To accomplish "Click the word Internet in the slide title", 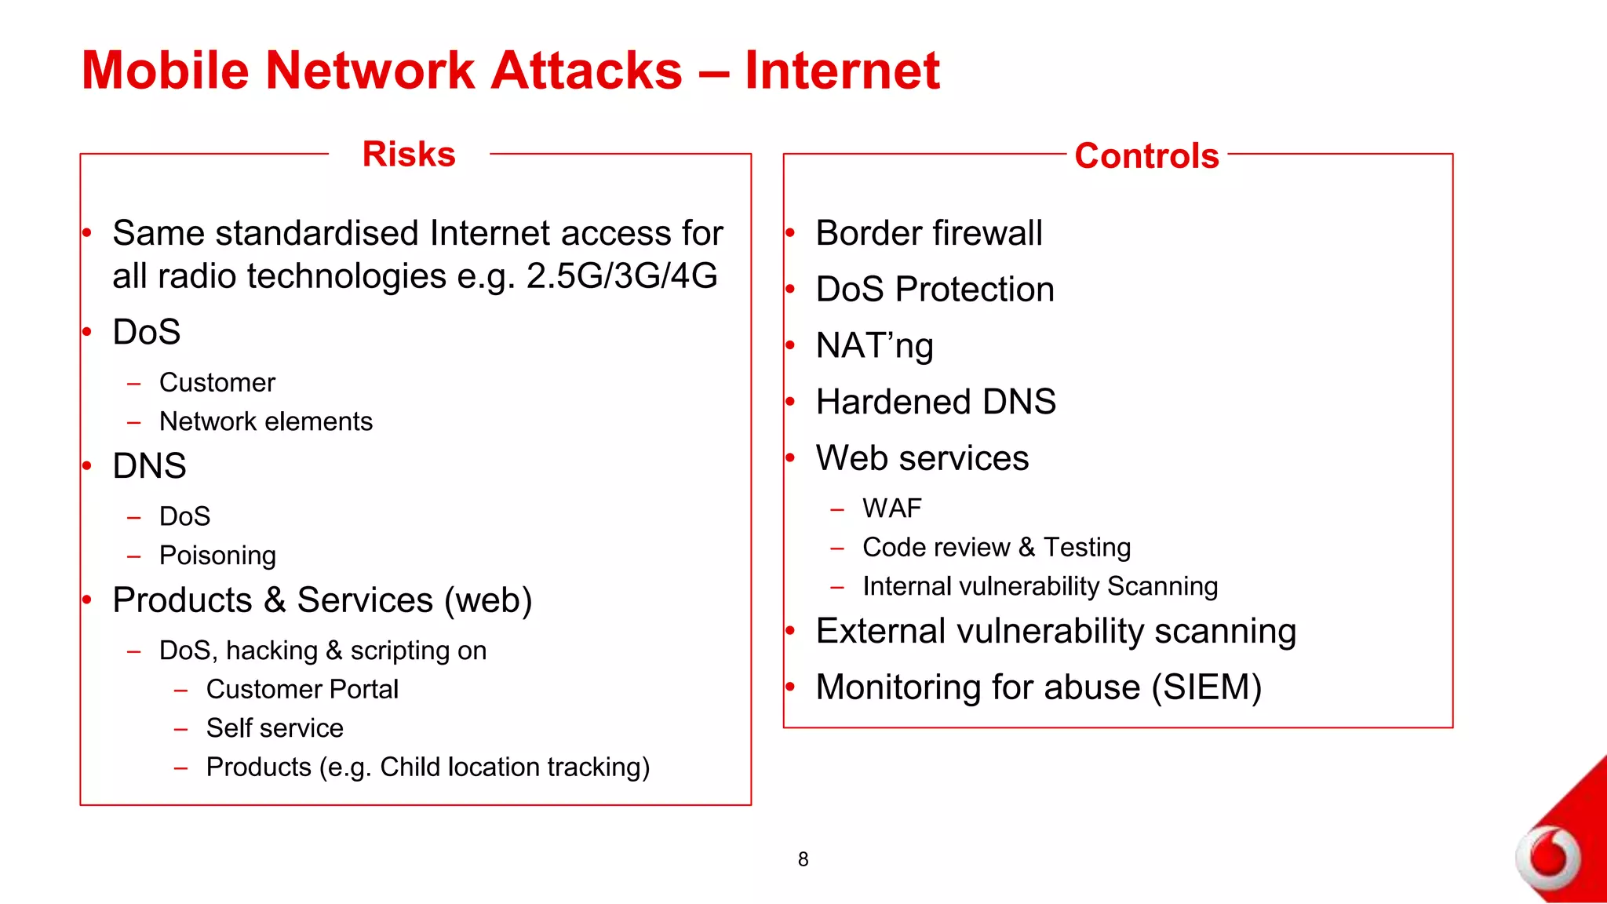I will click(x=842, y=71).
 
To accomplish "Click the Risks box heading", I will click(x=409, y=154).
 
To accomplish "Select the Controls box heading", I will click(x=1146, y=155).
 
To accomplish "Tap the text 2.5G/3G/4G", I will click(x=621, y=276).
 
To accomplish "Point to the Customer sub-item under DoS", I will click(x=217, y=383).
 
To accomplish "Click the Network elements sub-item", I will click(x=266, y=422).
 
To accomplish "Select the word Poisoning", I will click(x=217, y=556).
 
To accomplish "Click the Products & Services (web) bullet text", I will click(x=322, y=600).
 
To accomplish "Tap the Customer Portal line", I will click(x=302, y=689).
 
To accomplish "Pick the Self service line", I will click(x=275, y=728).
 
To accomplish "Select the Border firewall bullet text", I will click(x=929, y=233).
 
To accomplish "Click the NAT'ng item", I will click(x=874, y=346).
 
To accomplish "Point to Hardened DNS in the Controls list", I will click(x=935, y=402).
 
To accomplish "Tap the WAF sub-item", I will click(x=891, y=508).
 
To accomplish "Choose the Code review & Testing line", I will click(x=997, y=547).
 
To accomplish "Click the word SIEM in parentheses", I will click(x=1206, y=687).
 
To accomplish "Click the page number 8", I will click(x=803, y=859).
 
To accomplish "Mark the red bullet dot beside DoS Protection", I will click(x=790, y=290).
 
